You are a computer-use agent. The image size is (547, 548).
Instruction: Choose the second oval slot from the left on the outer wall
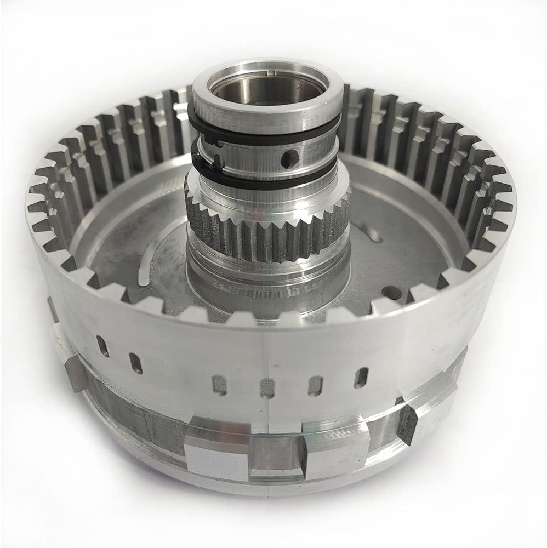pos(134,363)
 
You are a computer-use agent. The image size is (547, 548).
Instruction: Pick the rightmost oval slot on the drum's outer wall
pos(361,378)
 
